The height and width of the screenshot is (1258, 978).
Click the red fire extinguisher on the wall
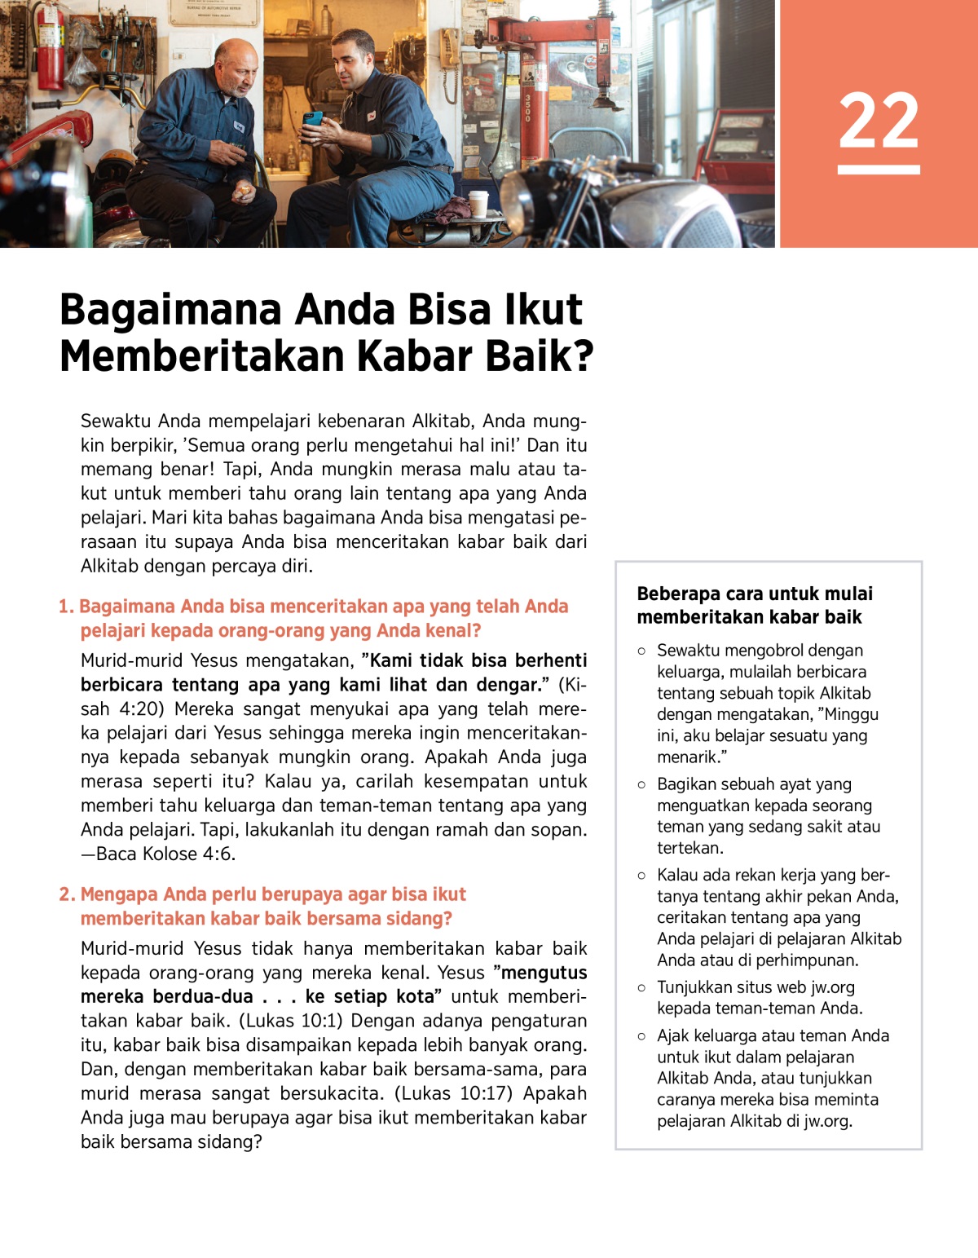(x=49, y=49)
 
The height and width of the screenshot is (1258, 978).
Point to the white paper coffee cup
(x=478, y=203)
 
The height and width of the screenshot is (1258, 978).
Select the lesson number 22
(x=879, y=121)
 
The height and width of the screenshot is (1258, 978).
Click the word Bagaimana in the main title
(x=170, y=310)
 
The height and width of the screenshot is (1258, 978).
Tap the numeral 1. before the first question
(x=66, y=607)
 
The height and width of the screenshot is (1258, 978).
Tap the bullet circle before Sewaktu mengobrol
(x=641, y=651)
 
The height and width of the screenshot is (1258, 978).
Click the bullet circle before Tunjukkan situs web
(x=641, y=987)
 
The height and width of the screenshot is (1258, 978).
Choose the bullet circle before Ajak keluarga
(x=641, y=1036)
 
